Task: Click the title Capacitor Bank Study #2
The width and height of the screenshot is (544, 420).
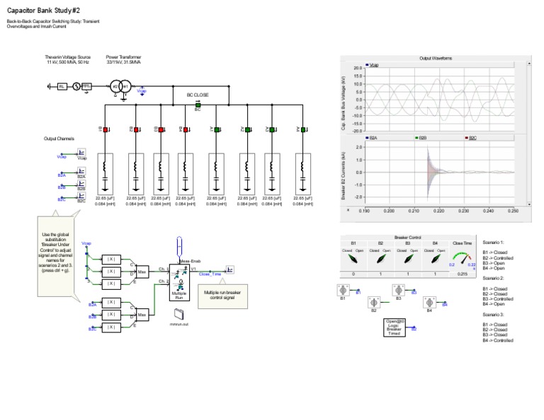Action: [x=43, y=11]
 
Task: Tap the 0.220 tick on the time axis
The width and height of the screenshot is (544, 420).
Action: [x=438, y=211]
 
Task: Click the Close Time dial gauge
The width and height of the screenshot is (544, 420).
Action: [x=462, y=259]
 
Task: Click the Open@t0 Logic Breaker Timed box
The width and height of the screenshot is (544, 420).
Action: [x=394, y=327]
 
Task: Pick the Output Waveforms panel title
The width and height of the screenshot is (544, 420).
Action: [x=436, y=58]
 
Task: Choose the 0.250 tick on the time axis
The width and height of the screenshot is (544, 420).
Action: [x=513, y=211]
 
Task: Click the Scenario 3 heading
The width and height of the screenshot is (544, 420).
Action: [x=493, y=313]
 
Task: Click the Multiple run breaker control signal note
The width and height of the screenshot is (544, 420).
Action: [x=226, y=295]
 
